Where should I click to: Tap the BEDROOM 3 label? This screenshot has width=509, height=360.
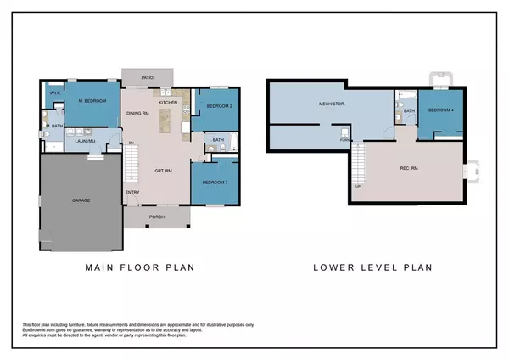(x=212, y=183)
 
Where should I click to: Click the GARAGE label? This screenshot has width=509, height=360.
(x=81, y=200)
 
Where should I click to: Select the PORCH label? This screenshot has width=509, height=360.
(x=157, y=216)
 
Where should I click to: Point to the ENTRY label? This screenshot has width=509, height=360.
(x=133, y=192)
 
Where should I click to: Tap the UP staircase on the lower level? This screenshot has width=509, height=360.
(x=360, y=166)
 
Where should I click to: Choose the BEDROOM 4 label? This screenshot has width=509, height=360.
(x=440, y=111)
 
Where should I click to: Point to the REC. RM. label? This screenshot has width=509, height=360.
(x=411, y=167)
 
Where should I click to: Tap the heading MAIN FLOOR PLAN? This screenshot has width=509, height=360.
(x=140, y=267)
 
